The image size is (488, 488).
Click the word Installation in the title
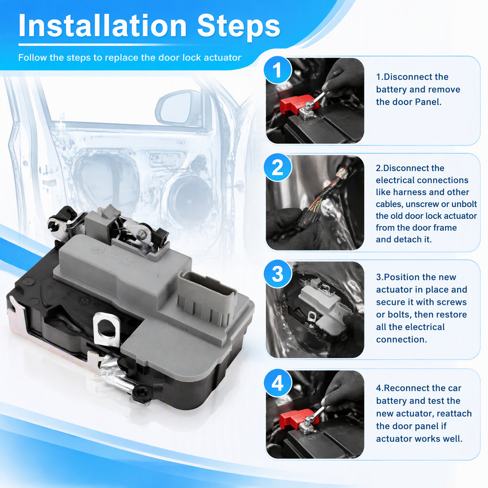tap(102, 26)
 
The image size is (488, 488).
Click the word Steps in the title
tap(238, 27)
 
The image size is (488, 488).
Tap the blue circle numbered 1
tap(277, 70)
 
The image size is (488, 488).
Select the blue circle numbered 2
tap(277, 167)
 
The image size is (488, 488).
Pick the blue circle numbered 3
tap(277, 274)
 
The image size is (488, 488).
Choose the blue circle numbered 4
tap(277, 383)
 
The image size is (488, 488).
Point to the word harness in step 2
tap(409, 192)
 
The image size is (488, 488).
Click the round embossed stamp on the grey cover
tap(97, 249)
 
